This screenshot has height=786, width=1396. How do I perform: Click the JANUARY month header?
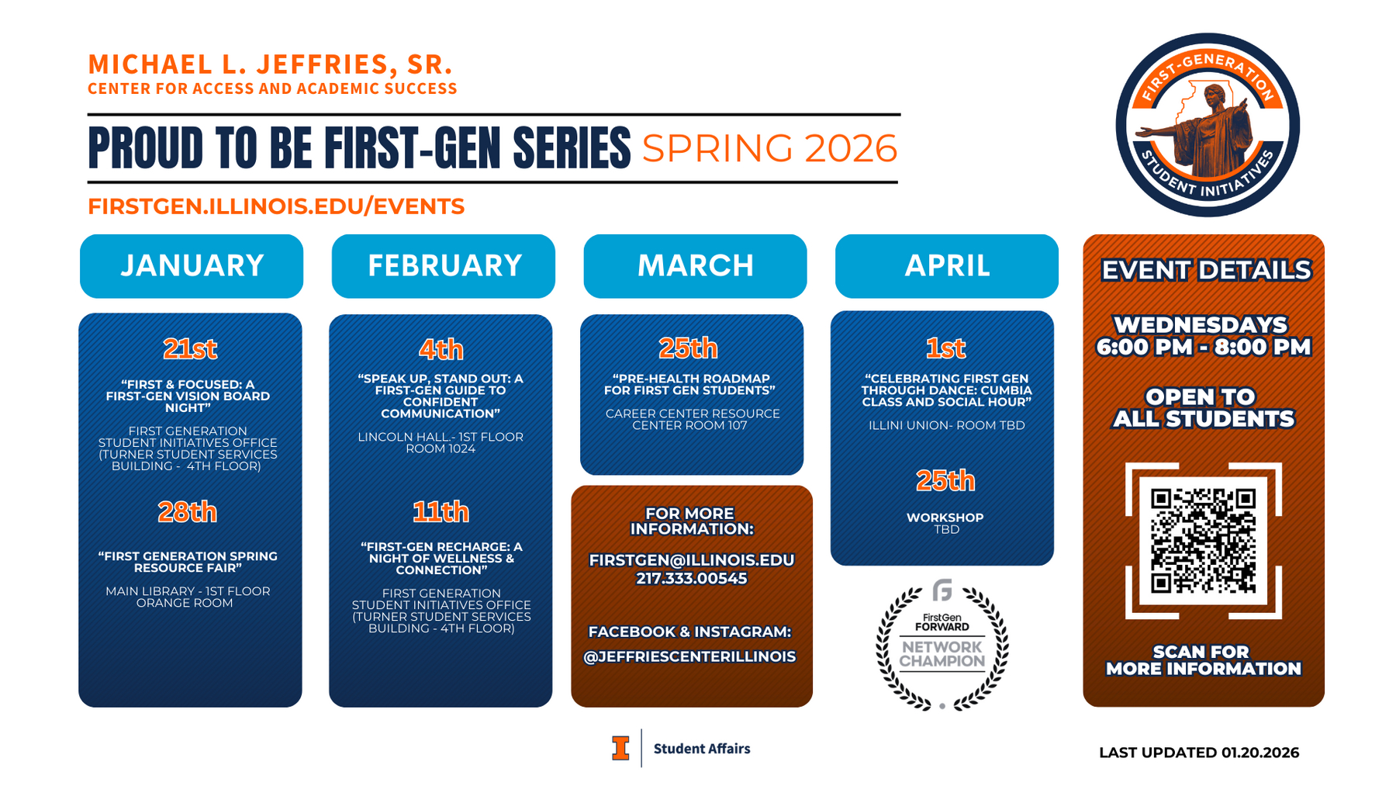192,266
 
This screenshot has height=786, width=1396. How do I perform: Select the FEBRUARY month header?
444,266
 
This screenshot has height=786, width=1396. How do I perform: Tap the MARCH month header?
696,266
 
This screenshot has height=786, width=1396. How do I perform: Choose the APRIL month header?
947,266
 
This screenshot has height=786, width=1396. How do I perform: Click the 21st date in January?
190,349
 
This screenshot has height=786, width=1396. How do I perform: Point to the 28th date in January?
188,512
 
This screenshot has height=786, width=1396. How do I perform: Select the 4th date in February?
441,350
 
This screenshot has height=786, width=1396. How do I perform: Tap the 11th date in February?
441,512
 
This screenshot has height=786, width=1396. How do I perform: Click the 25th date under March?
689,348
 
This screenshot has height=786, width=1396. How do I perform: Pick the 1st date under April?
946,348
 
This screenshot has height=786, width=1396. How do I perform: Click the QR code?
1203,541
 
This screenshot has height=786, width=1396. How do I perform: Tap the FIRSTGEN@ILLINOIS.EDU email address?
692,560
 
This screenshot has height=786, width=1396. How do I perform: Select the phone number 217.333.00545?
692,578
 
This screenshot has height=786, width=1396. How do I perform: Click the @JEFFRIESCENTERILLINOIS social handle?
689,656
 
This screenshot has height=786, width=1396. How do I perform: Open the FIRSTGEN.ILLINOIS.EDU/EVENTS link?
276,206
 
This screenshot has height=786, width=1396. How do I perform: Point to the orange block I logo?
620,748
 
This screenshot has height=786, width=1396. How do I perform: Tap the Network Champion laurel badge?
942,645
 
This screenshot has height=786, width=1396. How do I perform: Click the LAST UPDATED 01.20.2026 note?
1199,753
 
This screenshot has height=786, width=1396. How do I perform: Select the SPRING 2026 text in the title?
770,148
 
